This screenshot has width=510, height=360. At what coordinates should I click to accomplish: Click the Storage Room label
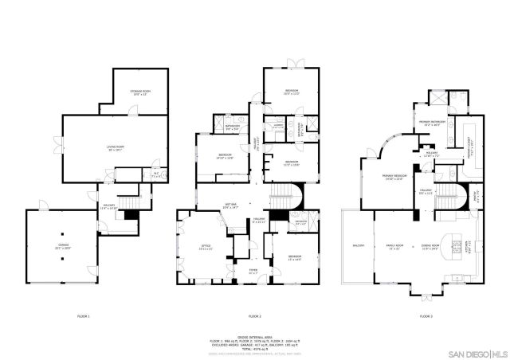(x=140, y=92)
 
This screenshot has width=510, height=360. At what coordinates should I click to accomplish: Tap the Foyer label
(x=252, y=272)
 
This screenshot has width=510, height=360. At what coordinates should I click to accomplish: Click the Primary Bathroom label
(x=431, y=123)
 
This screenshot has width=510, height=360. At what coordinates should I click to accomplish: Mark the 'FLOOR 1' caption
(x=83, y=317)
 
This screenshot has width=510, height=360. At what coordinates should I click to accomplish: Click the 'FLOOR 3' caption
(x=426, y=317)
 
